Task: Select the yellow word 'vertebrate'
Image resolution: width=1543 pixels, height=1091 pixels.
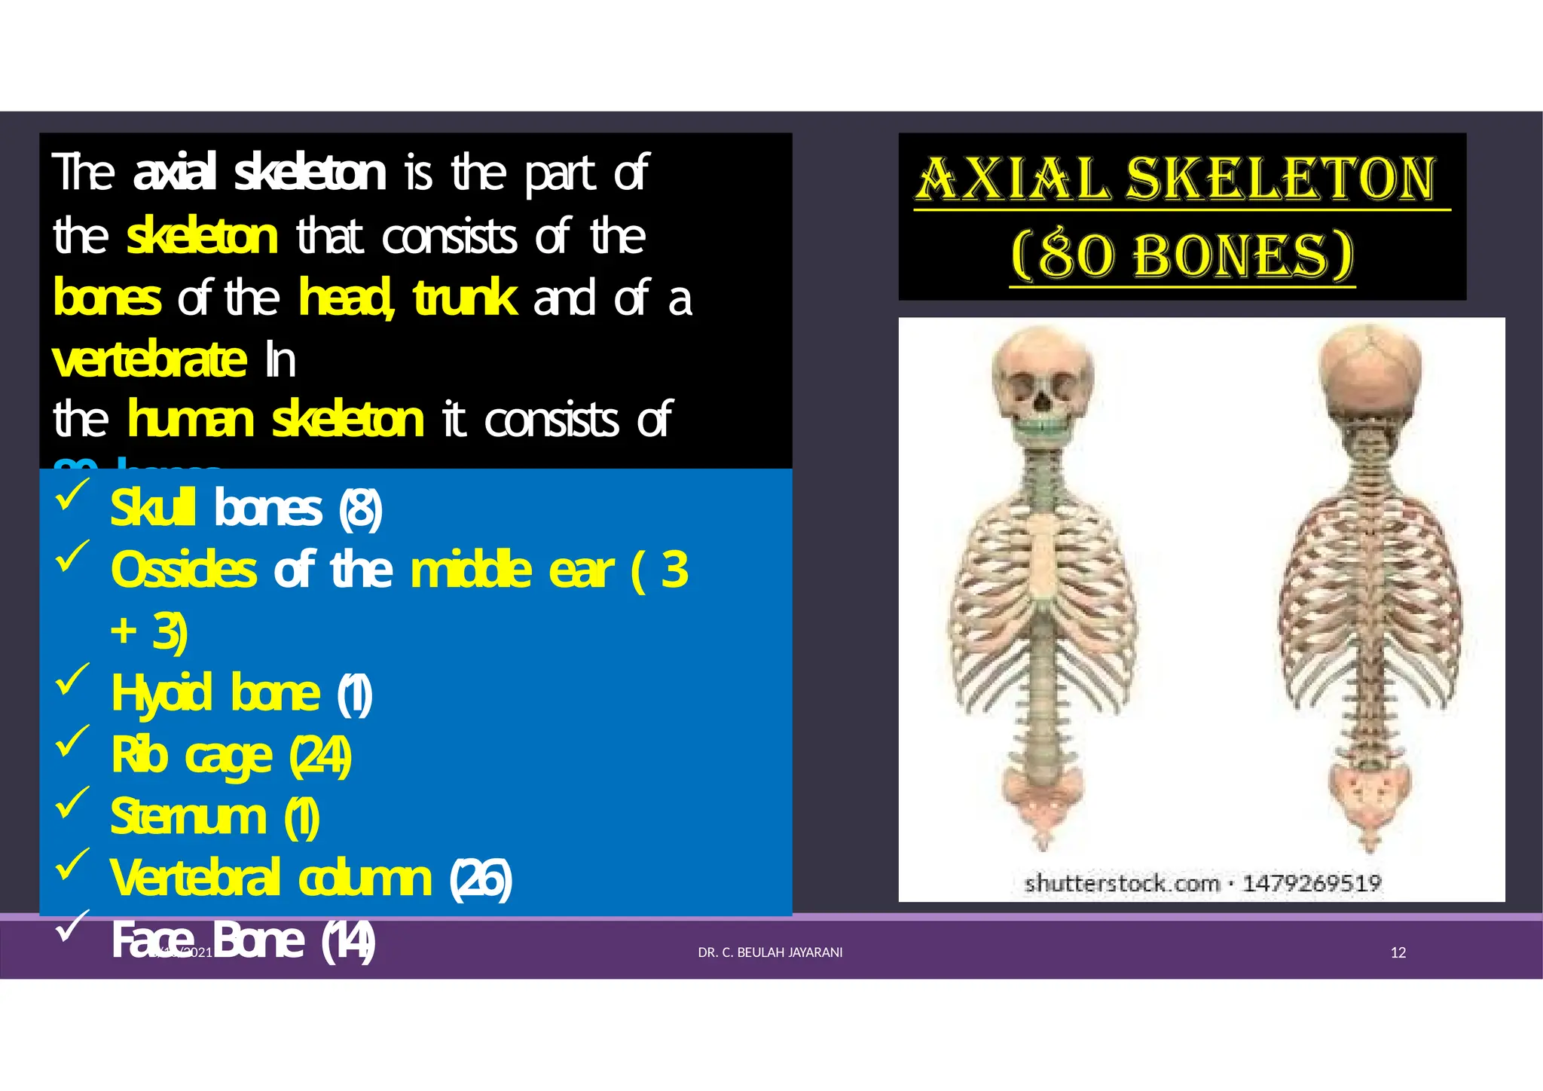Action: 149,359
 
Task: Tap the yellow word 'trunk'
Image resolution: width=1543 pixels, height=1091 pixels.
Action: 465,298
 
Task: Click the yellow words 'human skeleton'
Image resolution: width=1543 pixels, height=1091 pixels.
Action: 276,420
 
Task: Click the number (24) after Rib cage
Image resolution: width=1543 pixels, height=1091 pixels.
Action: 320,756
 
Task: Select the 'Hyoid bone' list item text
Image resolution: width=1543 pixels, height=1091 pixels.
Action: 215,693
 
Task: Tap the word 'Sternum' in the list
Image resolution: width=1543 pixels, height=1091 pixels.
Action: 188,817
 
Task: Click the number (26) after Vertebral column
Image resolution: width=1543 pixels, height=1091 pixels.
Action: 481,879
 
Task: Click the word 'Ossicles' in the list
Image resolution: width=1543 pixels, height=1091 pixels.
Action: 183,570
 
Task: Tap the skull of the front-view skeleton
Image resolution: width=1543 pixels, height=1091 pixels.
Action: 1042,377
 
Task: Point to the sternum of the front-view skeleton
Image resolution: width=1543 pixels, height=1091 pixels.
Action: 1043,558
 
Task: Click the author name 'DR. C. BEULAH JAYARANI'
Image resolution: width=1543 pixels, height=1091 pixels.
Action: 770,953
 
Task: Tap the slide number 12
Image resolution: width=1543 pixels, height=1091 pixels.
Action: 1398,953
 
